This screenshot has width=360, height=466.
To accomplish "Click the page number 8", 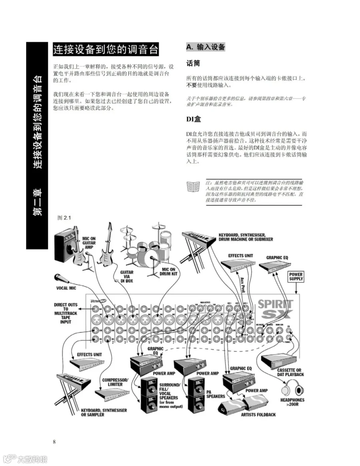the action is coord(54,442).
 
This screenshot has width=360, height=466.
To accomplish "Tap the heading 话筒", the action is coord(193,63).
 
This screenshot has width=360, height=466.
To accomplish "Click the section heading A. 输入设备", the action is coord(206,47).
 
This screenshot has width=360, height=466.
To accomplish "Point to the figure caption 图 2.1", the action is coord(64,218).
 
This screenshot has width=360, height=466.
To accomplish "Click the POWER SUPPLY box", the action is coord(296,277).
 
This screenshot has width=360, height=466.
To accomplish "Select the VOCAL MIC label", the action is coord(66,288).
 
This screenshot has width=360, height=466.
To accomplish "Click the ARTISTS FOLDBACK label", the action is coord(258,414).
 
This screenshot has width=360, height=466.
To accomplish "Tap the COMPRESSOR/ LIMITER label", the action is coord(115,382).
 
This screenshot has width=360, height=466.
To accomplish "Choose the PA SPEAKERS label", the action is coord(216,394).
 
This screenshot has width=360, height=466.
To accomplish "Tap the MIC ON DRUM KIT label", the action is coord(168,274).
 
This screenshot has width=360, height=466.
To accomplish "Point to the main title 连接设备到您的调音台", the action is coord(106,50).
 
